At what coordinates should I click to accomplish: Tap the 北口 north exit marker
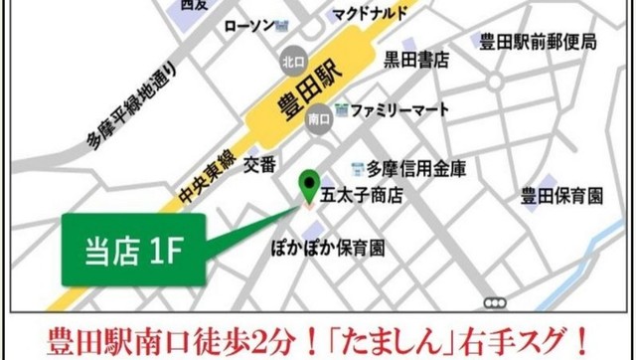point(291,57)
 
